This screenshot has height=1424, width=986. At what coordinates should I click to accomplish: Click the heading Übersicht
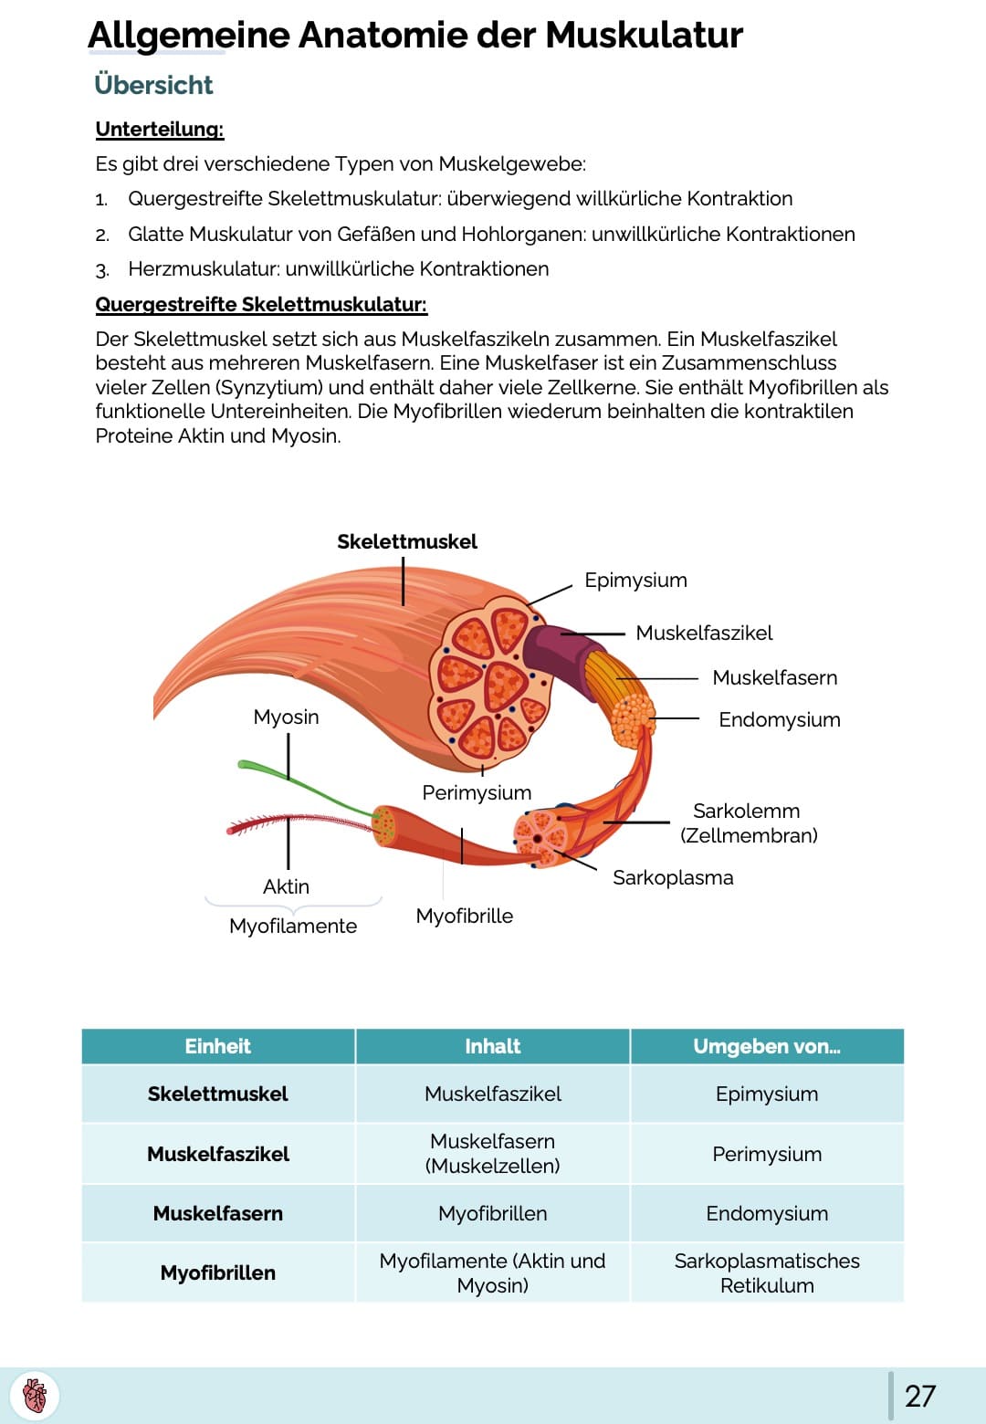point(153,85)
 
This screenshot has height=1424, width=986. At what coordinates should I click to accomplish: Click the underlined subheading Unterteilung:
point(160,129)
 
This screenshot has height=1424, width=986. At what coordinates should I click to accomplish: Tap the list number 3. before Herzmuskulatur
point(102,270)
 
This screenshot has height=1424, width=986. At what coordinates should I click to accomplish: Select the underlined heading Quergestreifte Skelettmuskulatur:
point(261,304)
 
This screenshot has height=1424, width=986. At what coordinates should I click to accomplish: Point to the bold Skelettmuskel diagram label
point(407,541)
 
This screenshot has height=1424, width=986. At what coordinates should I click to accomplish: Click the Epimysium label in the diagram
point(635,580)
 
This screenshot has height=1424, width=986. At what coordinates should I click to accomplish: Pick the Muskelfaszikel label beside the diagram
point(704,633)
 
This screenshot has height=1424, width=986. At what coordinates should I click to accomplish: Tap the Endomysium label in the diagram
point(779,719)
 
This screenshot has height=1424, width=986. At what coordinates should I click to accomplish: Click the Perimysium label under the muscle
point(477,792)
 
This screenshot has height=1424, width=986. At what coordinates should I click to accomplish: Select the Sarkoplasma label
point(673,877)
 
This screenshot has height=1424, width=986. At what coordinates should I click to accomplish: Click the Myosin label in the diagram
point(286,717)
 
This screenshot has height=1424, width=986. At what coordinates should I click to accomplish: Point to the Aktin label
point(286,886)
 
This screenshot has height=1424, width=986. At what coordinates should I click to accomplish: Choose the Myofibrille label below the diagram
point(464,916)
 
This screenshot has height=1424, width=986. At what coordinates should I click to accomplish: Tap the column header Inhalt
point(492,1046)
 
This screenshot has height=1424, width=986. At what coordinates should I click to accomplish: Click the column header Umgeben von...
point(766,1046)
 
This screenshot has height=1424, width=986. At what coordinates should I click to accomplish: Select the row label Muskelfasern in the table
point(218,1213)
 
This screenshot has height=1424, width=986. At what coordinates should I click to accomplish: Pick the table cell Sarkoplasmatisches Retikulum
point(766,1272)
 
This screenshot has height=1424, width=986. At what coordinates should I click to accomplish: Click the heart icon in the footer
point(35,1396)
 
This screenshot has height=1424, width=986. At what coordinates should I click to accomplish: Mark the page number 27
point(919,1396)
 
